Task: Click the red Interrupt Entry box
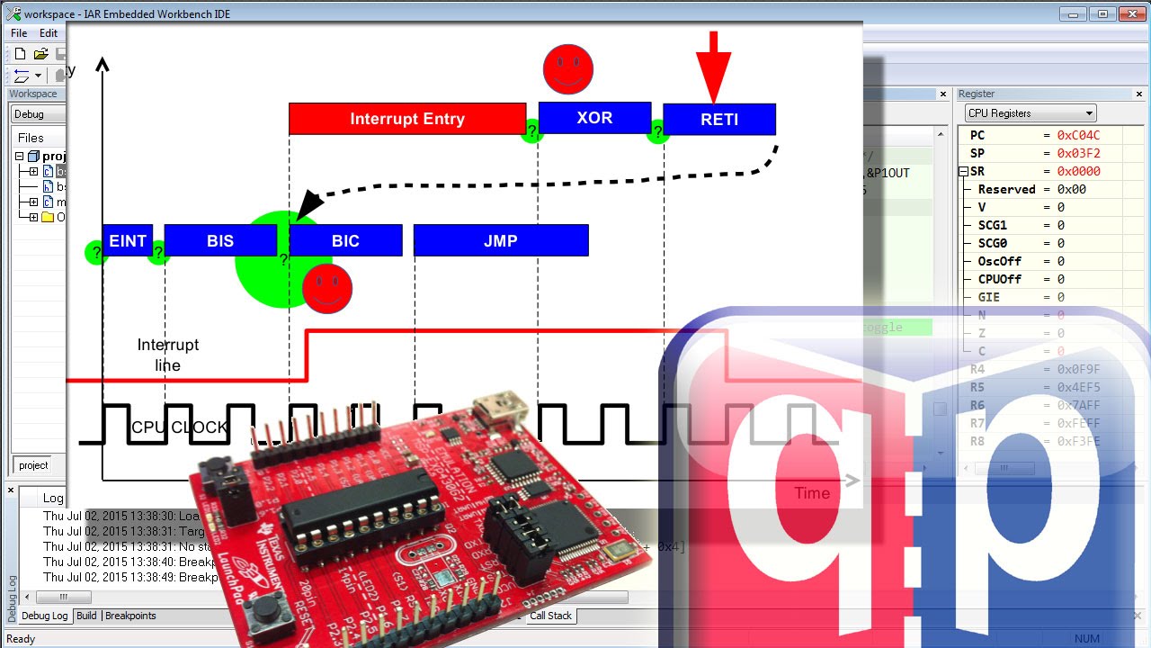[x=406, y=119]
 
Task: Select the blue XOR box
[x=594, y=118]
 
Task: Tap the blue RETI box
[x=718, y=119]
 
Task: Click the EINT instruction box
[x=128, y=240]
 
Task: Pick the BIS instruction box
[x=220, y=240]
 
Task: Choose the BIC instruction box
[x=345, y=240]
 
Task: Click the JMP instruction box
[x=501, y=240]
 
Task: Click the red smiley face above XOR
[x=568, y=68]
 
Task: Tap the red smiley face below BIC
[x=327, y=288]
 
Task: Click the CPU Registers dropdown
[x=1031, y=113]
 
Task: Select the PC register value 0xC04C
[x=1078, y=135]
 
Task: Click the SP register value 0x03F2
[x=1078, y=153]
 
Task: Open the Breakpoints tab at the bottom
[x=131, y=616]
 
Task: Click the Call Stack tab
[x=550, y=616]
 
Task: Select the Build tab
[x=86, y=616]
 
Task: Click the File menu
[x=19, y=33]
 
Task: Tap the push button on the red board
[x=264, y=611]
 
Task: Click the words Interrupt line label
[x=168, y=355]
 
